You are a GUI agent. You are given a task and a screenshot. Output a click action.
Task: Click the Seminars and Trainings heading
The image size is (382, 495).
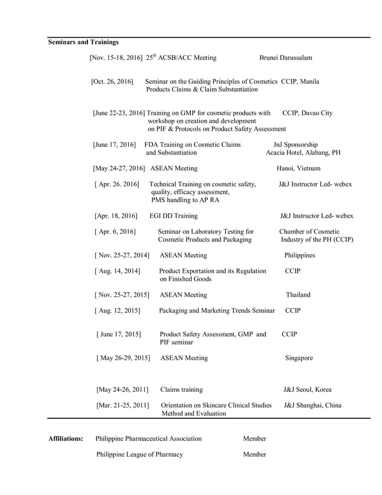(x=83, y=42)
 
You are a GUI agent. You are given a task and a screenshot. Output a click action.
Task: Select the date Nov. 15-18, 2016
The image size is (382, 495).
(x=116, y=58)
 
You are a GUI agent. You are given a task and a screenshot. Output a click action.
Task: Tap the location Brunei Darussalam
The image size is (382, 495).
(x=286, y=58)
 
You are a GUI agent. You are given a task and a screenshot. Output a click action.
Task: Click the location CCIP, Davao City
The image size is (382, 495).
(x=307, y=113)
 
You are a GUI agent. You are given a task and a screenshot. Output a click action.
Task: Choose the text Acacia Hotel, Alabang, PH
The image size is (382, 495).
(x=303, y=152)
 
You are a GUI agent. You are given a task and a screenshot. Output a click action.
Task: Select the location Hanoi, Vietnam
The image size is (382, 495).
(x=298, y=168)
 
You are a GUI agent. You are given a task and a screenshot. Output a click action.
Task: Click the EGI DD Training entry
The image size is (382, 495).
(x=174, y=216)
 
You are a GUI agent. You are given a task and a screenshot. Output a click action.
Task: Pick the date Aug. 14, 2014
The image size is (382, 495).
(x=117, y=271)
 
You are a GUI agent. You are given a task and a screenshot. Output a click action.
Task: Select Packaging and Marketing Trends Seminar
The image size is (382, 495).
(x=217, y=310)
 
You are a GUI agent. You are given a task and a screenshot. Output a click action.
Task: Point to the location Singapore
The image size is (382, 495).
(x=299, y=358)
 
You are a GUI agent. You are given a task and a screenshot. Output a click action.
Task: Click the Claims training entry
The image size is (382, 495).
(x=181, y=390)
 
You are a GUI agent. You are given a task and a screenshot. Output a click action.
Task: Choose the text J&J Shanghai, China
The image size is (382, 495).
(x=313, y=405)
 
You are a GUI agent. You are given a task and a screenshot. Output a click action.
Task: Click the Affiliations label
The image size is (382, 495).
(x=65, y=439)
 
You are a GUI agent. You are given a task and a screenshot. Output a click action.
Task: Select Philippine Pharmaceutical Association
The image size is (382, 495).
(x=148, y=439)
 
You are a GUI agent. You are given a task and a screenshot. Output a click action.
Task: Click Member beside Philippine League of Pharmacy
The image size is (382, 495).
(x=254, y=454)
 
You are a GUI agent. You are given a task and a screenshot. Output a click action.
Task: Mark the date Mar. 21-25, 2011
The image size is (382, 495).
(x=122, y=405)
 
